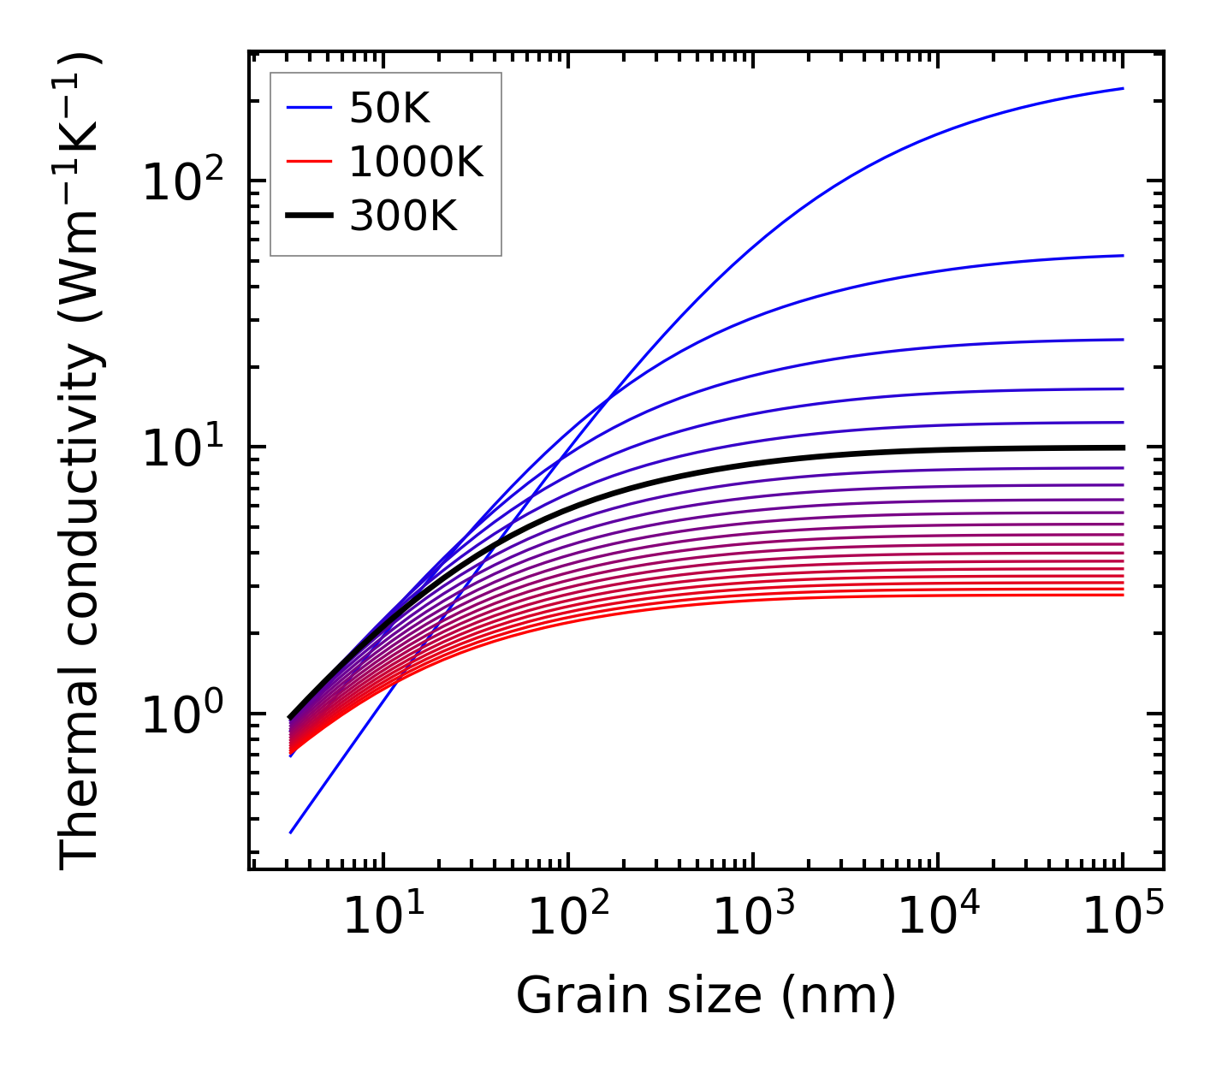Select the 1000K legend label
tap(416, 162)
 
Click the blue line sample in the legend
tap(308, 108)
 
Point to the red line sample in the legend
tap(308, 162)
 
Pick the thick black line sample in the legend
tap(308, 216)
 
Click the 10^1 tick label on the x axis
tap(382, 917)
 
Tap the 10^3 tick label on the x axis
tap(752, 917)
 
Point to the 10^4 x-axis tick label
tap(937, 917)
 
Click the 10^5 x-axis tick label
tap(1123, 917)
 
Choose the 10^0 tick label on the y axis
tap(181, 715)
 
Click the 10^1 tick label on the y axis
tap(181, 448)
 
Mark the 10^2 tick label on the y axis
tap(181, 182)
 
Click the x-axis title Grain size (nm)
tap(706, 996)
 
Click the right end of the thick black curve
tap(1123, 448)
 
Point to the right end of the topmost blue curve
tap(1123, 88)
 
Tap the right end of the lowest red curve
tap(1123, 595)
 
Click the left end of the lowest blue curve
tap(291, 833)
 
